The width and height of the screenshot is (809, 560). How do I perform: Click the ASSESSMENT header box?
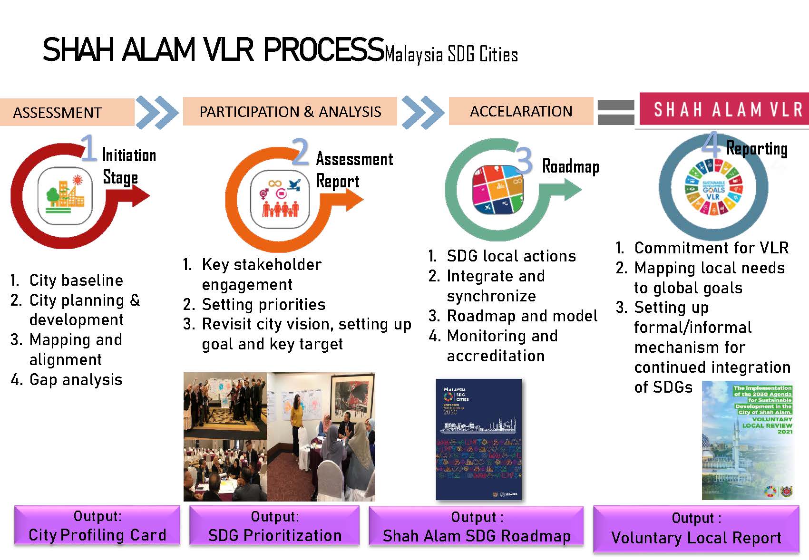(x=67, y=112)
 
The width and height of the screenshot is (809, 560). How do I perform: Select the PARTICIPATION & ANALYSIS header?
(x=290, y=111)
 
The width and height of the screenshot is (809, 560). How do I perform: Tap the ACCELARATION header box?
(x=521, y=111)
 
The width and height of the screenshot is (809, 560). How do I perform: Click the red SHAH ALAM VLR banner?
(x=724, y=109)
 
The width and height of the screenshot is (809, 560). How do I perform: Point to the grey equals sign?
(x=615, y=112)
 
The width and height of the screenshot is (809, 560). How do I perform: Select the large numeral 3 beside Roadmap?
(x=524, y=160)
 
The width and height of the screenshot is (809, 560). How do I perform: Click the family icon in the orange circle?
(x=280, y=199)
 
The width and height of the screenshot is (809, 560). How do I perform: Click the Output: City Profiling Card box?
(x=97, y=525)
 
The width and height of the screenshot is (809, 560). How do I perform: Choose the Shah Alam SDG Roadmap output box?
(x=476, y=526)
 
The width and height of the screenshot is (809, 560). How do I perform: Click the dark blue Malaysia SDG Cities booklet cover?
(x=478, y=439)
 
